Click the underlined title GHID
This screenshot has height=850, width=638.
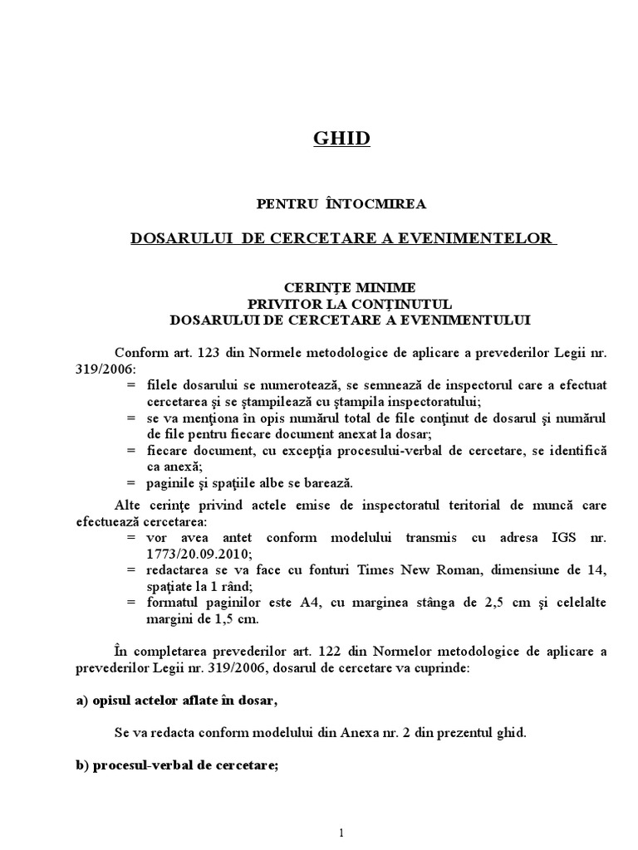341,139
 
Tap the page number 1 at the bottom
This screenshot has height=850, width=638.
341,833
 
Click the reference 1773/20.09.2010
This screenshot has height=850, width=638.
194,553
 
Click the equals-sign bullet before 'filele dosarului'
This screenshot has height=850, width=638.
131,385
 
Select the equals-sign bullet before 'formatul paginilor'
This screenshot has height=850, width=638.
131,603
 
